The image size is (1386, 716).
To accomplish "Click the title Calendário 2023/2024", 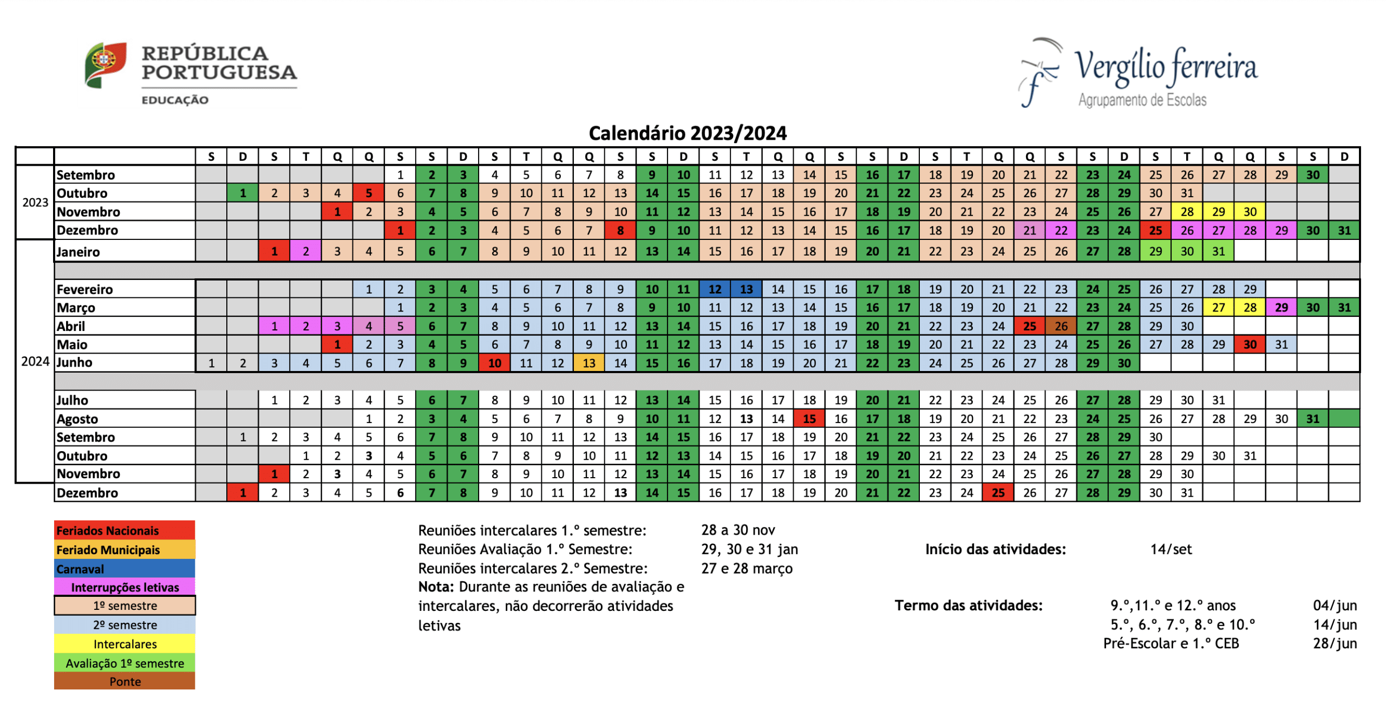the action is click(x=687, y=133).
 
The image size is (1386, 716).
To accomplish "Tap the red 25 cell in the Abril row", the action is click(x=1029, y=326).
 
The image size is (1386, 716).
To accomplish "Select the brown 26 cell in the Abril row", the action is click(x=1061, y=326).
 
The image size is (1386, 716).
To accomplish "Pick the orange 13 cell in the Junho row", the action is click(x=589, y=363).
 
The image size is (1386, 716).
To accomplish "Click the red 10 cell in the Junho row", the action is click(x=494, y=363).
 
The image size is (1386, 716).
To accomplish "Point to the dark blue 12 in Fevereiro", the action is click(x=715, y=289).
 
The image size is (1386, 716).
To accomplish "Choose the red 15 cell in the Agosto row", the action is click(x=809, y=419).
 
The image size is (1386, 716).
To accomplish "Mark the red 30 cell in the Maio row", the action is click(x=1250, y=344).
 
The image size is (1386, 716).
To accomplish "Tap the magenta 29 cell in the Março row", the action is click(x=1281, y=308).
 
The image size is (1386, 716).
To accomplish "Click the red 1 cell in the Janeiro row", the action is click(x=274, y=251).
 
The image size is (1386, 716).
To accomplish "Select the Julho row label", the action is click(x=73, y=400).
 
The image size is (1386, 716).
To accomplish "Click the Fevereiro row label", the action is click(x=84, y=289).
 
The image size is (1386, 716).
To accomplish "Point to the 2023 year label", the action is click(x=35, y=203).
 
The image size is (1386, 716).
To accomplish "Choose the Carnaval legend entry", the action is click(x=125, y=569).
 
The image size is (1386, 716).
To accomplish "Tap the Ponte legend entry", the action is click(x=125, y=681).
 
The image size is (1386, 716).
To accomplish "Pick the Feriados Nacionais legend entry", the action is click(x=125, y=530).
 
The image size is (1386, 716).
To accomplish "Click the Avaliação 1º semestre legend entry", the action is click(x=125, y=663).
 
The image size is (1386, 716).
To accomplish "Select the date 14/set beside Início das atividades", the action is click(x=1171, y=549).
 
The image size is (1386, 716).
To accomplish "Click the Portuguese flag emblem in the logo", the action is click(x=106, y=65).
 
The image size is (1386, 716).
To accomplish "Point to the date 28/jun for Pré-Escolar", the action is click(x=1335, y=643).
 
